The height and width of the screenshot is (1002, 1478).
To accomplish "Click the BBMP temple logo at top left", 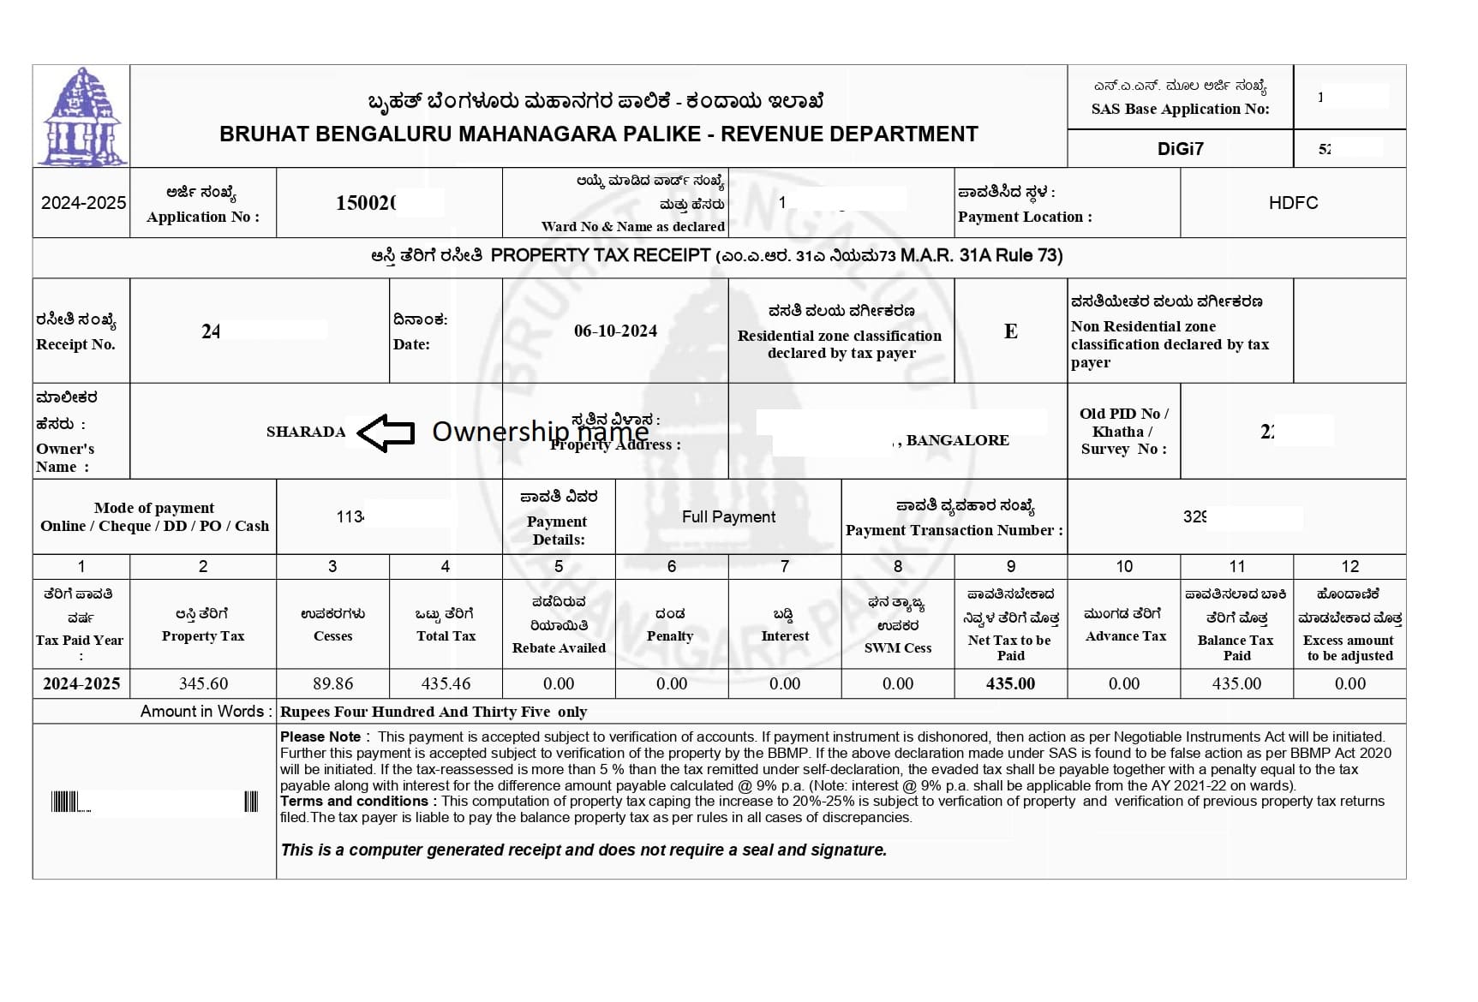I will click(x=82, y=116).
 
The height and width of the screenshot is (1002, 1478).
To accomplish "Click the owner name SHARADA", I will click(x=306, y=432).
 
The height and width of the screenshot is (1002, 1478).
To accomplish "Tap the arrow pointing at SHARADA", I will click(x=386, y=432).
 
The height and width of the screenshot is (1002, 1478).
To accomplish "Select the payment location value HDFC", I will click(x=1293, y=203).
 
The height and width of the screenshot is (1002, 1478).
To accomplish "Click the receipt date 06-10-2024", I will click(x=615, y=331).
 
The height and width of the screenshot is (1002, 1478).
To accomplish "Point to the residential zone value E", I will click(x=1011, y=331).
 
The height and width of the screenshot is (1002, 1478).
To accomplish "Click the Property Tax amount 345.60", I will click(x=203, y=684).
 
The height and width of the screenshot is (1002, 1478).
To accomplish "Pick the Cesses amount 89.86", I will click(x=332, y=684).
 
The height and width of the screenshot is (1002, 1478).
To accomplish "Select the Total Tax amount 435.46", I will click(x=446, y=684).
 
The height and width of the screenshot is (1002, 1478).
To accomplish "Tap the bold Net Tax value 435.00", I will click(x=1010, y=684).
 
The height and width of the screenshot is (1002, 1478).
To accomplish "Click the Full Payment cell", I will click(x=728, y=517).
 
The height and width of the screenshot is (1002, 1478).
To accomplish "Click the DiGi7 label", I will click(x=1180, y=149).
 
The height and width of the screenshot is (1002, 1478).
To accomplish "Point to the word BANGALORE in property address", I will click(x=957, y=440).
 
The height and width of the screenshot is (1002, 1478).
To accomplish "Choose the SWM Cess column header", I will click(x=897, y=648).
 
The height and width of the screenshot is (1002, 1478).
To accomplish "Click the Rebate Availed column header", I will click(x=559, y=648).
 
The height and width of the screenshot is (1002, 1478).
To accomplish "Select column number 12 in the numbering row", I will click(x=1349, y=566).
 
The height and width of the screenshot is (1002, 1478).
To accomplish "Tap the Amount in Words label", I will click(x=206, y=712).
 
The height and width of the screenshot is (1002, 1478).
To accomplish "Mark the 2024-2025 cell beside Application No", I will click(x=83, y=203).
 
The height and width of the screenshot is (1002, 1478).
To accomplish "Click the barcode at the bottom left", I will click(x=154, y=802).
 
